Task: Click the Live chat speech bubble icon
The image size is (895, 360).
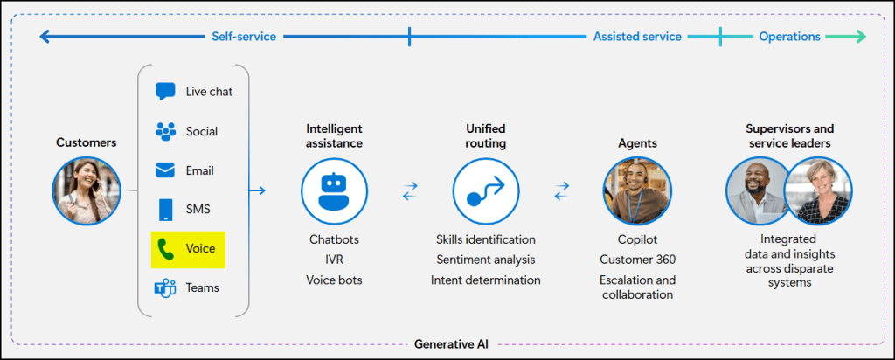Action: pos(165,91)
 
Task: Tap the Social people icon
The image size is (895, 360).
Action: pos(165,131)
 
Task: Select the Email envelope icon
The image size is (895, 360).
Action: pos(165,170)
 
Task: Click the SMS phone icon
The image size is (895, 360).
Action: pos(165,210)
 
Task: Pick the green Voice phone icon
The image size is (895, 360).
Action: pos(165,249)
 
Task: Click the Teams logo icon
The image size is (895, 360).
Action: pos(165,287)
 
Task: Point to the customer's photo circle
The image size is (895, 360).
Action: pos(86,190)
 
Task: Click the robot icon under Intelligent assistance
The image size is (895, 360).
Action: pos(335,190)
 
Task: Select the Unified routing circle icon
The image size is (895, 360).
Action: pos(486,190)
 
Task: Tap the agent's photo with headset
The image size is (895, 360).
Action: pos(637,190)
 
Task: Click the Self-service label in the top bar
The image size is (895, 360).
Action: pos(244,37)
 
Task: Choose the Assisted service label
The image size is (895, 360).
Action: pos(637,37)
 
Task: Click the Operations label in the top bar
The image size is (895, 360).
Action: pos(789,37)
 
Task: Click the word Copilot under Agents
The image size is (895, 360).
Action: pos(637,239)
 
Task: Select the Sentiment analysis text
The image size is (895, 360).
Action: pos(486,260)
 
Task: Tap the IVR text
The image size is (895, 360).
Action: pos(335,260)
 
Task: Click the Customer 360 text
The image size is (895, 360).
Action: pos(637,260)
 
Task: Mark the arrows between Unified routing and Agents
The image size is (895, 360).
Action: pos(562,190)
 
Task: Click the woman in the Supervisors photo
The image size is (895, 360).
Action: pos(819,190)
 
